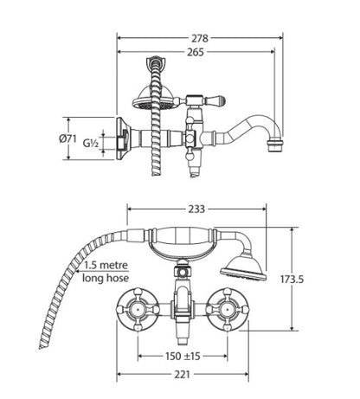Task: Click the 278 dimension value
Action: tap(200, 38)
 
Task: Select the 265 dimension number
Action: tap(196, 52)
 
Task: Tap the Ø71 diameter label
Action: tap(67, 138)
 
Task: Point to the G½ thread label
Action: tap(91, 143)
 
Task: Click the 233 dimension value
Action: tap(196, 209)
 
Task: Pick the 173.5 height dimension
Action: tap(292, 280)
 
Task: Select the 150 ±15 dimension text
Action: tap(183, 356)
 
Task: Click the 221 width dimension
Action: tap(182, 375)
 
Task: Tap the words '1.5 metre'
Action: tap(106, 265)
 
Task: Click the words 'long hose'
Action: tap(106, 278)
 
